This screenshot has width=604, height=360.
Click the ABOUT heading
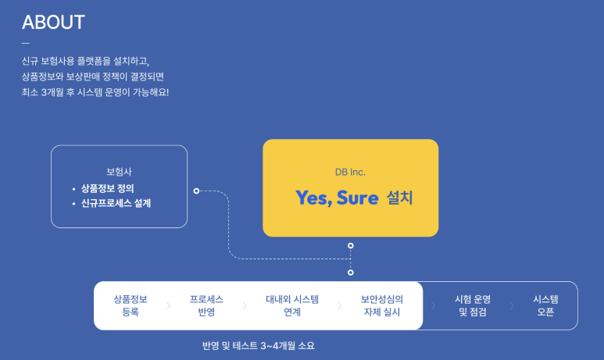(x=54, y=23)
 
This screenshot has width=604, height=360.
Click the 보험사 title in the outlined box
(x=119, y=172)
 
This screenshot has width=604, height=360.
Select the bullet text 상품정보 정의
(x=108, y=189)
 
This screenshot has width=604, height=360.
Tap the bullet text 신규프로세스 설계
(x=116, y=203)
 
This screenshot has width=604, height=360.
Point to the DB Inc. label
(x=350, y=172)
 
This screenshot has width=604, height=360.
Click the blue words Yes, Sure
(x=337, y=198)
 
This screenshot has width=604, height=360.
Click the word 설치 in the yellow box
(x=399, y=198)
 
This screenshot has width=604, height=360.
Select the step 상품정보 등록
(x=130, y=305)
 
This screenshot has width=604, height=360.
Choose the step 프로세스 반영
(x=206, y=305)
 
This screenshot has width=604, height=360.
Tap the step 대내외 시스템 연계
(x=292, y=305)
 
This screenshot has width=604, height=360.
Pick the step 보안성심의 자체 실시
(x=382, y=305)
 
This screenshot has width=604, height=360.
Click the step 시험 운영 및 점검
(x=473, y=305)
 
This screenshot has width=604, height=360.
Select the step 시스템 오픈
(x=545, y=305)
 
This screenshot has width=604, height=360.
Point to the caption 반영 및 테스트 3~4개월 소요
(x=259, y=346)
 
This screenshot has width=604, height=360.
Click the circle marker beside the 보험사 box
(x=196, y=191)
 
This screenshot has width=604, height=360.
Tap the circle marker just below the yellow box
(x=351, y=246)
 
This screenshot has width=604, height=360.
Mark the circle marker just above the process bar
(x=351, y=273)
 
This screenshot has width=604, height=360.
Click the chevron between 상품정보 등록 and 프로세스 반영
(x=168, y=305)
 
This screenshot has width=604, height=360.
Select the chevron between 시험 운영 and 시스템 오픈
(x=512, y=305)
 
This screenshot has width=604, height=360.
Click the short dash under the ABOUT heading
(x=26, y=43)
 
